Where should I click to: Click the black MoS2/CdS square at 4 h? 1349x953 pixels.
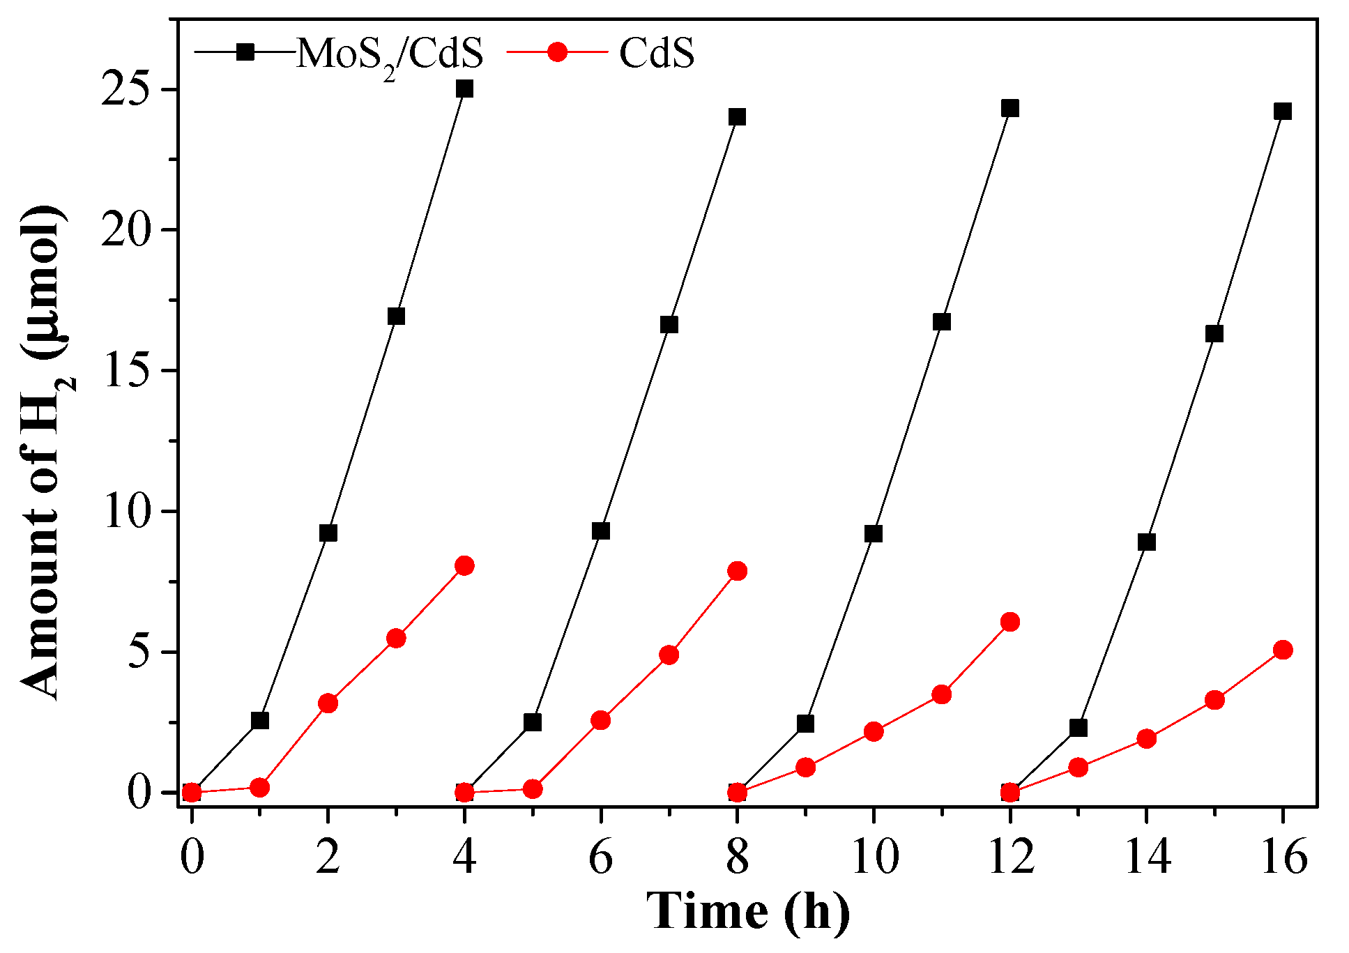[464, 89]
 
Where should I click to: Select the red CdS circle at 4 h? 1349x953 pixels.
[464, 565]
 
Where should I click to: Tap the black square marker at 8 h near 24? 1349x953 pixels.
[737, 116]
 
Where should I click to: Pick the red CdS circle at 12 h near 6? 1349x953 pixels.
[1009, 622]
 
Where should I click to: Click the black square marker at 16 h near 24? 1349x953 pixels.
[1282, 112]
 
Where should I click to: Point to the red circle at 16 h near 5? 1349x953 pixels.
[1282, 650]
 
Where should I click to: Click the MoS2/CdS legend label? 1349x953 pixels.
[389, 54]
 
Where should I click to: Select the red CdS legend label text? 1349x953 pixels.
[656, 54]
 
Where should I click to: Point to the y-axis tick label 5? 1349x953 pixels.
[139, 653]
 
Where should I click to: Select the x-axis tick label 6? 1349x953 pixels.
[600, 857]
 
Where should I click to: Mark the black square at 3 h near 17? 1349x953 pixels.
[396, 317]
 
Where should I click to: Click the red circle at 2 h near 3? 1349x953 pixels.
[328, 703]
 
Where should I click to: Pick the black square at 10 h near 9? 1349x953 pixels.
[873, 534]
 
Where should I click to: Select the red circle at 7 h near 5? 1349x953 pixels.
[669, 655]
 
